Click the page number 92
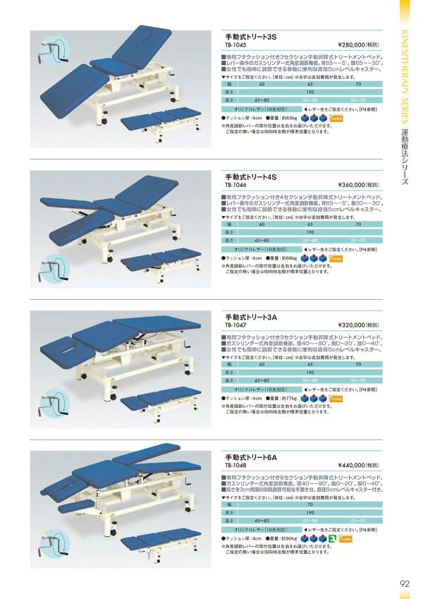(404, 583)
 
